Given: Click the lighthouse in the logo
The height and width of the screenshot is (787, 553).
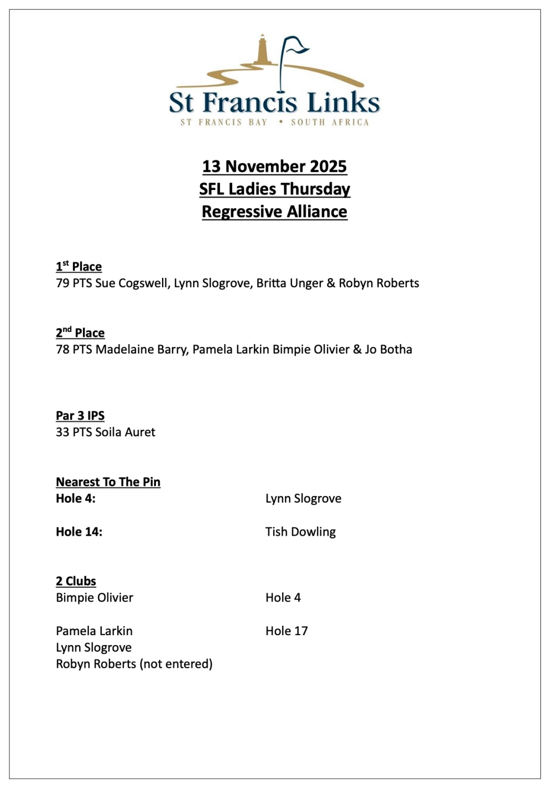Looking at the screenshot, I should click(x=262, y=51).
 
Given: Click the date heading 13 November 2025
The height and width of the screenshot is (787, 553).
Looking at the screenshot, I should click(x=274, y=166).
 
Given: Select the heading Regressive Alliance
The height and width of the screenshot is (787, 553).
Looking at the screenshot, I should click(x=274, y=212).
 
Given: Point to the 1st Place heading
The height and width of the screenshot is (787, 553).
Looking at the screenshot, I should click(x=79, y=267).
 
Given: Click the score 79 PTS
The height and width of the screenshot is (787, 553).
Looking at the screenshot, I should click(x=74, y=283).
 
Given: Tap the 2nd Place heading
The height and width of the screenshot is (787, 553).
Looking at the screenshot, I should click(x=80, y=333).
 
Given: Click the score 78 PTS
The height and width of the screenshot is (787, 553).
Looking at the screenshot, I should click(x=74, y=350).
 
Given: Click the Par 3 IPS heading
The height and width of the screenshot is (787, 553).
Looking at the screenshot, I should click(x=80, y=416).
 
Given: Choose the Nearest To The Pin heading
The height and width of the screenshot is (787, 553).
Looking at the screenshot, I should click(x=108, y=482).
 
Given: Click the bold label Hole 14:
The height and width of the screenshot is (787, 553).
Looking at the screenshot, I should click(x=79, y=532).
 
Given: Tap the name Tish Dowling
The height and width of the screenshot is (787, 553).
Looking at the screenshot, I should click(x=300, y=532).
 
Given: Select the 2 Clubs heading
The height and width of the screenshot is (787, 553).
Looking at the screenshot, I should click(x=76, y=581).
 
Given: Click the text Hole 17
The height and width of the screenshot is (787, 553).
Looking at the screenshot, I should click(x=286, y=631).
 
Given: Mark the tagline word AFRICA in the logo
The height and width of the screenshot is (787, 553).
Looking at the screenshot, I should click(x=350, y=122).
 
